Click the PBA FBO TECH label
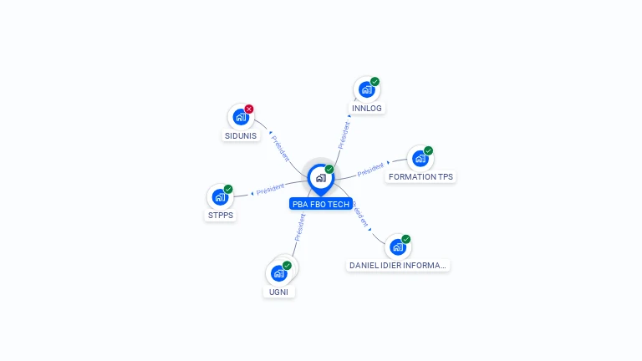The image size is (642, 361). coord(321,204)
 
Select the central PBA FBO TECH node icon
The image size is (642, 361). coord(320,178)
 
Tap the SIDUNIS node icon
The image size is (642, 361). coord(241,117)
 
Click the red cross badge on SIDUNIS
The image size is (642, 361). coord(249,109)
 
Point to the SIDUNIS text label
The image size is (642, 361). coord(241,135)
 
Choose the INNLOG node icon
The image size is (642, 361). coord(366,89)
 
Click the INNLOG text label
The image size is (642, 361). coord(368,109)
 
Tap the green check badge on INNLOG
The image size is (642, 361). coord(375,82)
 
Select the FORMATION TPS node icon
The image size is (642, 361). coord(420,158)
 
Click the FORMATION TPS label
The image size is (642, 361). coord(421,177)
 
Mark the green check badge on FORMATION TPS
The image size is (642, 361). coord(429,151)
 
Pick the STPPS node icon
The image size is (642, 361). coord(220,197)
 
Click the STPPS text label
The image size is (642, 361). coord(221,216)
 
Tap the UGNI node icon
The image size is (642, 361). coord(278,273)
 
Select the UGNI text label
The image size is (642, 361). coord(279,292)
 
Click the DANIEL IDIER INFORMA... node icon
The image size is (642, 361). coord(397,247)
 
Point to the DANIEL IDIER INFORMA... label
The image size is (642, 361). coord(398,266)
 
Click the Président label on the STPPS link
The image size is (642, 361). coord(271,189)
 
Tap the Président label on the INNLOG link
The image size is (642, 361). coord(344,135)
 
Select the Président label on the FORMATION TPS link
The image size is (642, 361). coord(370,170)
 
